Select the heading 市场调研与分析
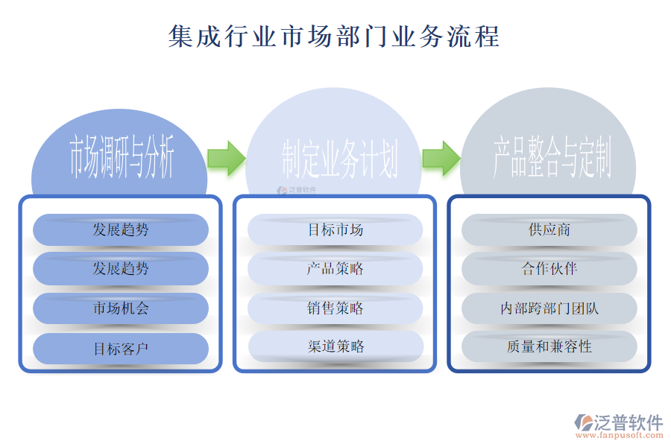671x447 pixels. [121, 158]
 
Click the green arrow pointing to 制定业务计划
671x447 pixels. [226, 158]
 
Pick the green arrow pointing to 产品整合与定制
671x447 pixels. [441, 158]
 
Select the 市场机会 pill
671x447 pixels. [121, 308]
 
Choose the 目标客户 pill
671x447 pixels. [121, 348]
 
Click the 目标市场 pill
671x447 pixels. [335, 229]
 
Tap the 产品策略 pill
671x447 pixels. [335, 269]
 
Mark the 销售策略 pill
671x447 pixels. [335, 308]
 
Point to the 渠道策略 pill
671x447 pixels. [335, 346]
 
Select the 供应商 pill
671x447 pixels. [549, 229]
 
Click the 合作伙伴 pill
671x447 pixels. [549, 269]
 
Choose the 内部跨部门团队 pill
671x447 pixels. [549, 308]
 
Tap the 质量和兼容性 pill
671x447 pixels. [549, 346]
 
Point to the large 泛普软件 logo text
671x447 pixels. [628, 422]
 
